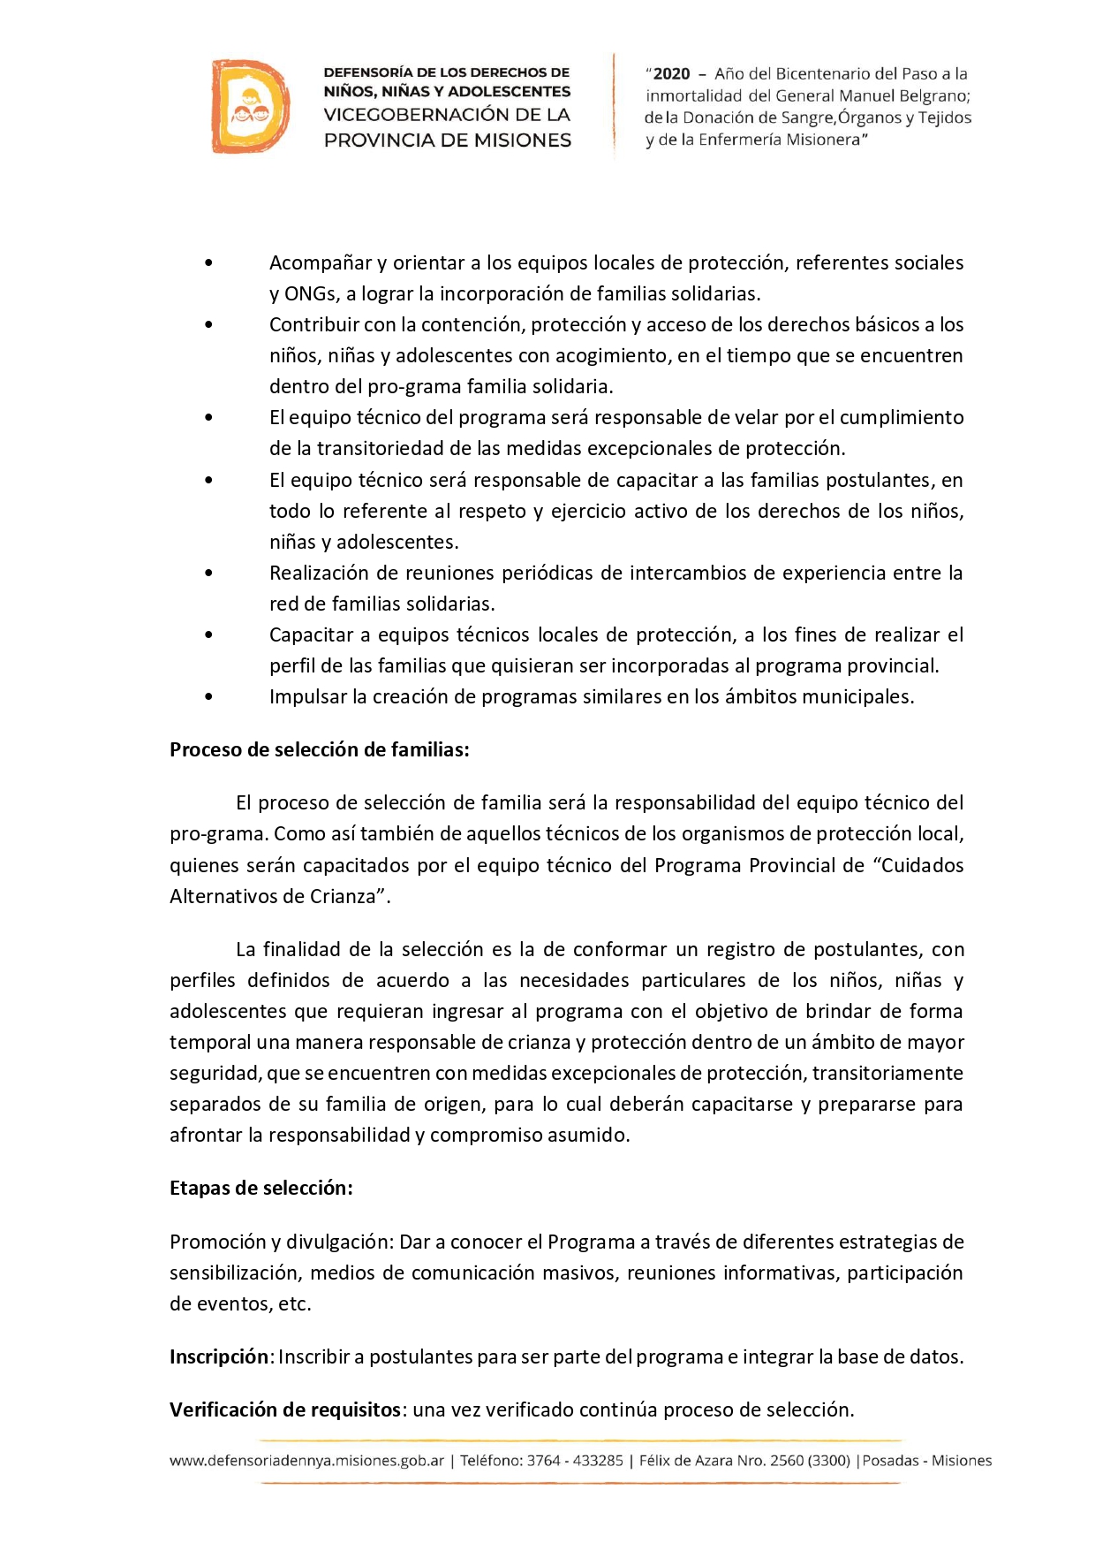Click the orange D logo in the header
click(x=250, y=106)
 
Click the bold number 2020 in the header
click(x=671, y=74)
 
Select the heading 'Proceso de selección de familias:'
click(x=319, y=750)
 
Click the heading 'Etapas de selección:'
click(x=261, y=1189)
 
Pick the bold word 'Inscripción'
click(x=218, y=1356)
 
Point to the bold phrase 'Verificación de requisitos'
click(x=285, y=1409)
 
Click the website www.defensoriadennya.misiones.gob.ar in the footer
click(x=306, y=1461)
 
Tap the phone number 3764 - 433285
click(x=575, y=1461)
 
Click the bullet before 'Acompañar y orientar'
click(x=208, y=263)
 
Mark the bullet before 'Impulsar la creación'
click(x=208, y=697)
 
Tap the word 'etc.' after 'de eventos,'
click(x=295, y=1304)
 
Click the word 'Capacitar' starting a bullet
click(x=311, y=635)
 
